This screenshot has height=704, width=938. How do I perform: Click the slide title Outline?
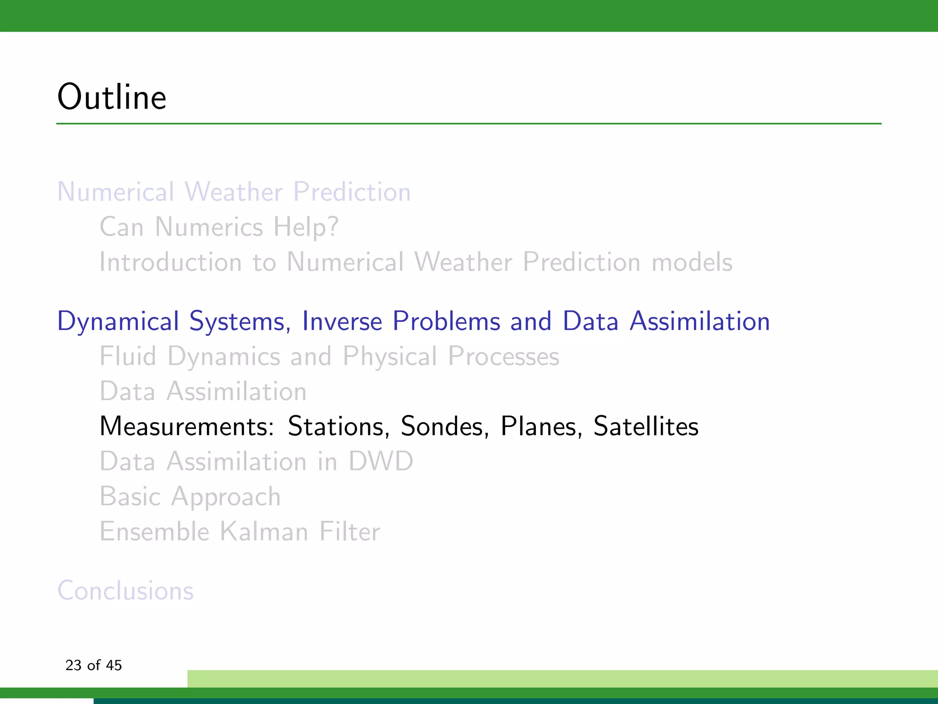click(x=112, y=97)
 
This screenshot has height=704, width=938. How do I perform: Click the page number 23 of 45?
click(x=93, y=665)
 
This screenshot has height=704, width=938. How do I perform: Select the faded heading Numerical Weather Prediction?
click(x=234, y=192)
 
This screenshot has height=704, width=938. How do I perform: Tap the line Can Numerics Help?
click(x=219, y=227)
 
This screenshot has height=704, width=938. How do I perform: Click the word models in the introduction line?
click(x=692, y=262)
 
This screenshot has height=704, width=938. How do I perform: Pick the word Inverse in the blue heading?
click(x=342, y=321)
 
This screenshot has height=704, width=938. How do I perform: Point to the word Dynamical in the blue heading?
click(x=118, y=321)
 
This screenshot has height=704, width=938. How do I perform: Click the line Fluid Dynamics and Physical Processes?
click(x=329, y=357)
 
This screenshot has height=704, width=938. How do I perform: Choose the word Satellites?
click(x=646, y=426)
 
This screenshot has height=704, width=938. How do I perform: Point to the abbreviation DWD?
click(x=381, y=461)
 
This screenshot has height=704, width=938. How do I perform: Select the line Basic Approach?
click(x=190, y=497)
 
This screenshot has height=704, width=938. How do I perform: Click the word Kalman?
click(x=264, y=532)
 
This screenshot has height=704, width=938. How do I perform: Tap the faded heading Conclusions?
click(x=125, y=590)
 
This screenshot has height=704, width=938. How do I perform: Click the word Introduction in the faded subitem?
click(x=170, y=262)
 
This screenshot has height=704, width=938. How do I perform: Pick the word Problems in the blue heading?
click(x=446, y=321)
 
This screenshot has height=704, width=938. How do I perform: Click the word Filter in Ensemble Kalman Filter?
click(x=349, y=532)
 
